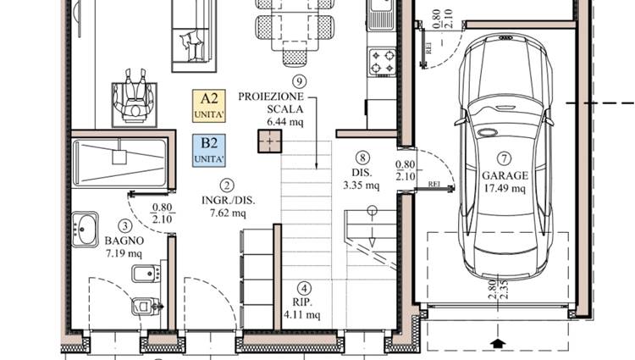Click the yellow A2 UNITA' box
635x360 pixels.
pyautogui.click(x=208, y=106)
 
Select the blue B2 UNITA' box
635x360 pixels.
pyautogui.click(x=208, y=151)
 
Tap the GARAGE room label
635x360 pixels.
pyautogui.click(x=505, y=175)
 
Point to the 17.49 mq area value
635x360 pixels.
pyautogui.click(x=505, y=188)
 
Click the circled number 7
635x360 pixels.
pyautogui.click(x=505, y=158)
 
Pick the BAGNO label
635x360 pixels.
pyautogui.click(x=124, y=241)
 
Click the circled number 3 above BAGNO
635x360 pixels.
pyautogui.click(x=124, y=226)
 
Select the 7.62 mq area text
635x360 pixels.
pyautogui.click(x=228, y=213)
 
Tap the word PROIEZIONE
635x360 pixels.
pyautogui.click(x=271, y=97)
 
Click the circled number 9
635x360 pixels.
pyautogui.click(x=299, y=82)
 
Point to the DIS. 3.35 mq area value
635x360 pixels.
pyautogui.click(x=362, y=186)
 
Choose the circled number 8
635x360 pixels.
pyautogui.click(x=362, y=158)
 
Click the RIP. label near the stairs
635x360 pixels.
pyautogui.click(x=302, y=302)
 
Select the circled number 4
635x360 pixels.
pyautogui.click(x=304, y=289)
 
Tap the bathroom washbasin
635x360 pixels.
pyautogui.click(x=85, y=230)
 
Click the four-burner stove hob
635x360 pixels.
pyautogui.click(x=383, y=61)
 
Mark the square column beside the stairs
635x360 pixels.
pyautogui.click(x=270, y=141)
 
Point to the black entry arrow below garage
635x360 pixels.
pyautogui.click(x=498, y=344)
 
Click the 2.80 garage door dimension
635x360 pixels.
pyautogui.click(x=492, y=289)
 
